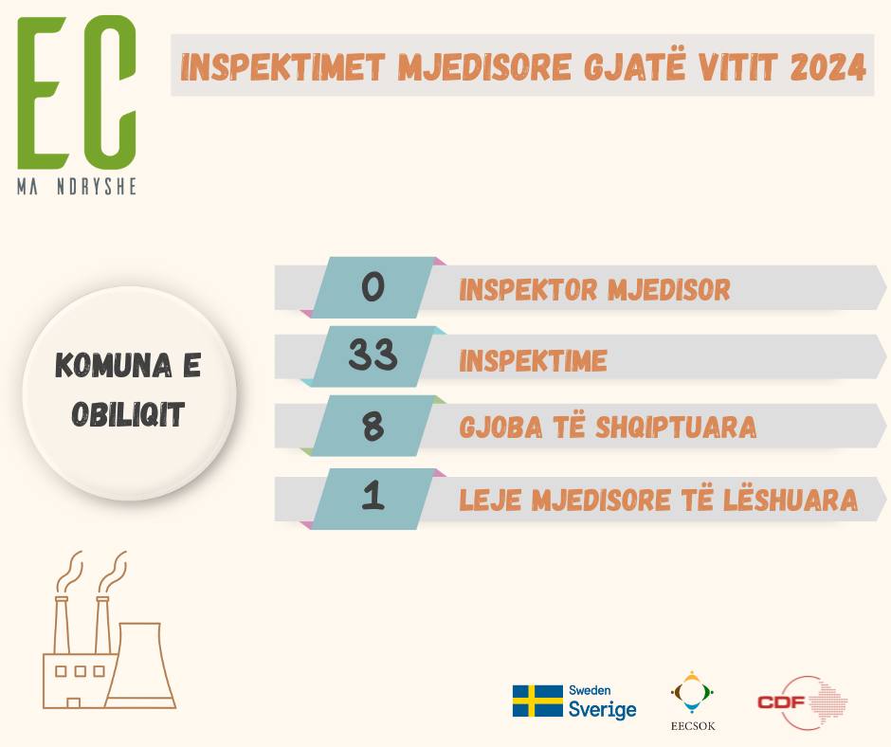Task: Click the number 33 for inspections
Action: point(373,355)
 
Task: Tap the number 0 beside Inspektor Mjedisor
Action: point(373,286)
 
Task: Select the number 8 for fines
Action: point(373,426)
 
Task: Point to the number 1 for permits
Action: point(373,495)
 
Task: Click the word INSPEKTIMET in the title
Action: point(283,67)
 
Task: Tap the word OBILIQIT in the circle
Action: point(128,414)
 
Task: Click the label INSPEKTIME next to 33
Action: point(533,360)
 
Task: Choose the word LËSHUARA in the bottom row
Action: point(791,500)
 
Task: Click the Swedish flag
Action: point(537,701)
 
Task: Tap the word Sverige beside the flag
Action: point(602,709)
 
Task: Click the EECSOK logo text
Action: point(693,726)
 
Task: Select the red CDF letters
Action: point(781,702)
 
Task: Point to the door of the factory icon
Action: point(73,702)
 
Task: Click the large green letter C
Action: point(110,93)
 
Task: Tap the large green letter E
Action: point(42,93)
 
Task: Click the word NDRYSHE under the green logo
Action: point(97,187)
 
